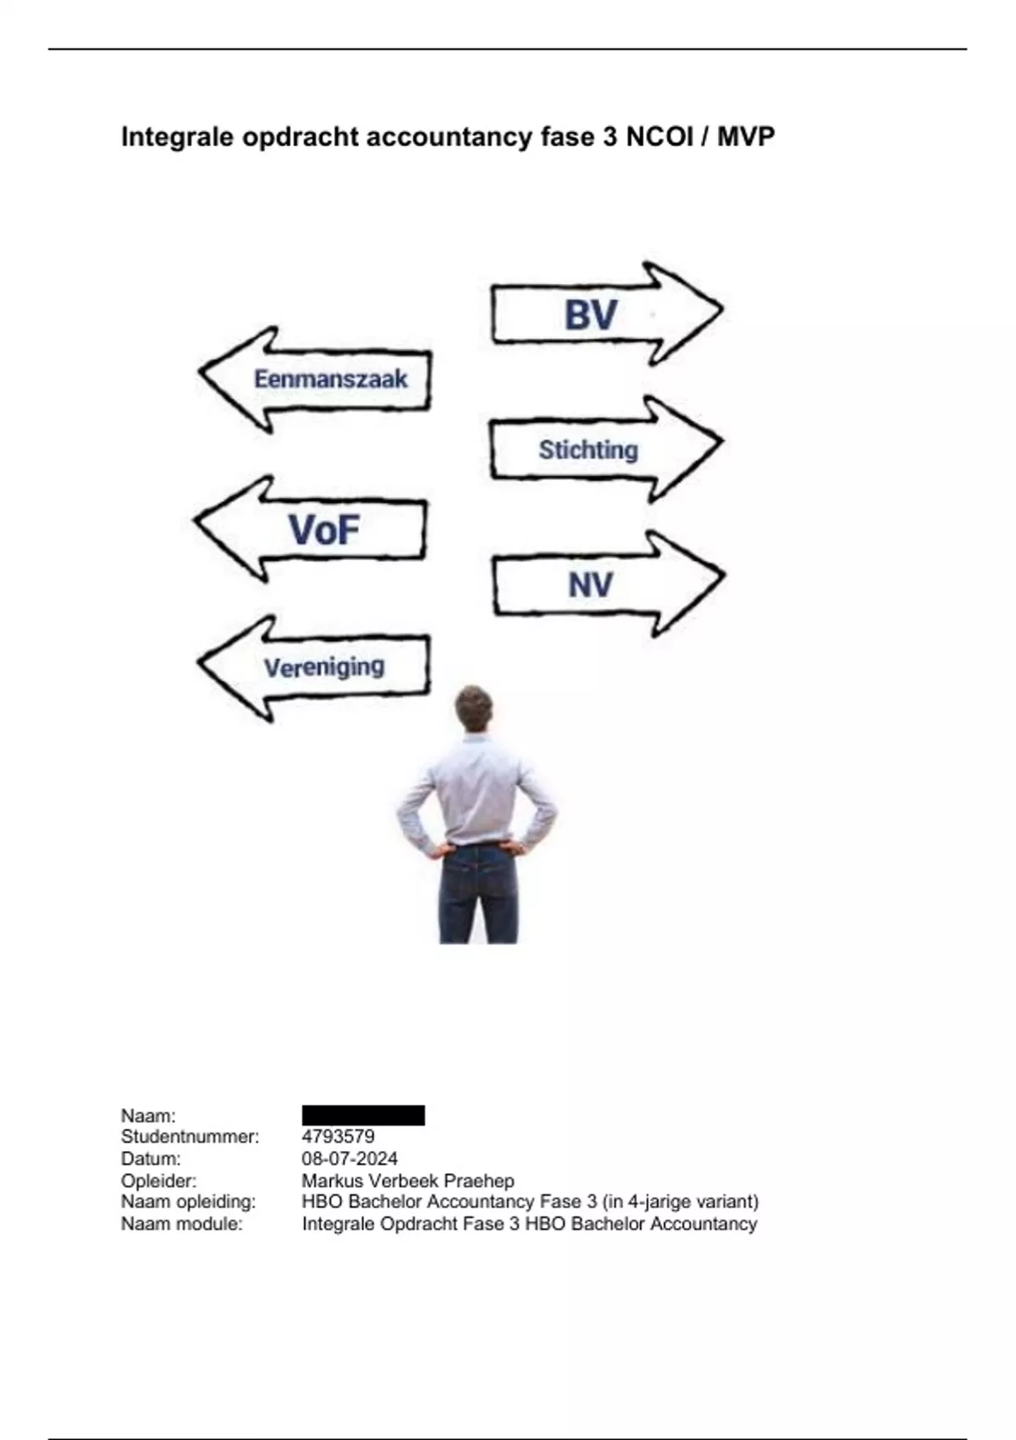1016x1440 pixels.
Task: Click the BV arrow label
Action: (590, 315)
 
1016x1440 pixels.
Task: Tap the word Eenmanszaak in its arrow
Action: (331, 379)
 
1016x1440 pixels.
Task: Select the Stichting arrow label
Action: (588, 450)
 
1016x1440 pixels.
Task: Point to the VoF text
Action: (323, 529)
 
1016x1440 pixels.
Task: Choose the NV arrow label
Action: (590, 585)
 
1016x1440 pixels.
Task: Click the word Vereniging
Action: (324, 667)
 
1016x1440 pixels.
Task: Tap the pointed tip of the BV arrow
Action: (722, 309)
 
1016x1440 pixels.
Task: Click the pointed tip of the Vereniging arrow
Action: (199, 662)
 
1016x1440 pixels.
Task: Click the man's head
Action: (473, 708)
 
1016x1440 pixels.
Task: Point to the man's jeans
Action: (478, 893)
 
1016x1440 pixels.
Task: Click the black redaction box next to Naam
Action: (363, 1116)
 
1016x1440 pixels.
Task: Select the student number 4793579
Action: (338, 1137)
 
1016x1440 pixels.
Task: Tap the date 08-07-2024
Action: (350, 1159)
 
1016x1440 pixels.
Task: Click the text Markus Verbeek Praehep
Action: (408, 1180)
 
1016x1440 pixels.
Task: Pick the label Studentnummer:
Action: (190, 1137)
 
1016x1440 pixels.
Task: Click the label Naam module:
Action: (182, 1223)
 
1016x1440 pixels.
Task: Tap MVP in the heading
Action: (745, 136)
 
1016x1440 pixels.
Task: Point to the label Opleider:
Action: (158, 1180)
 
